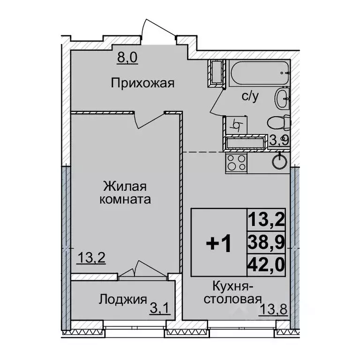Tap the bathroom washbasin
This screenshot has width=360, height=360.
click(x=282, y=98)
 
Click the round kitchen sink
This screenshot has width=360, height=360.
click(x=280, y=161)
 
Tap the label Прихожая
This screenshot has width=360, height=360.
click(x=142, y=84)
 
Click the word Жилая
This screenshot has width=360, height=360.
click(x=125, y=187)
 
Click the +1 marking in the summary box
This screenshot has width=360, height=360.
click(x=218, y=244)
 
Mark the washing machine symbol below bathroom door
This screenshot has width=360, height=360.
click(x=237, y=125)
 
